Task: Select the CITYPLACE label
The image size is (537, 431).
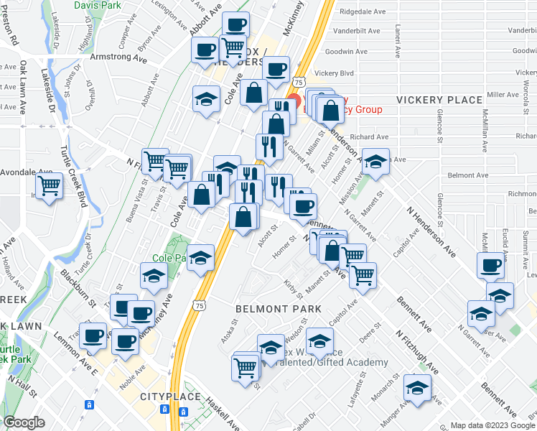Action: pyautogui.click(x=167, y=397)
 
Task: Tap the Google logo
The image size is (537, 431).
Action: pyautogui.click(x=25, y=422)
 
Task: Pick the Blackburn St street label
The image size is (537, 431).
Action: pyautogui.click(x=78, y=287)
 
